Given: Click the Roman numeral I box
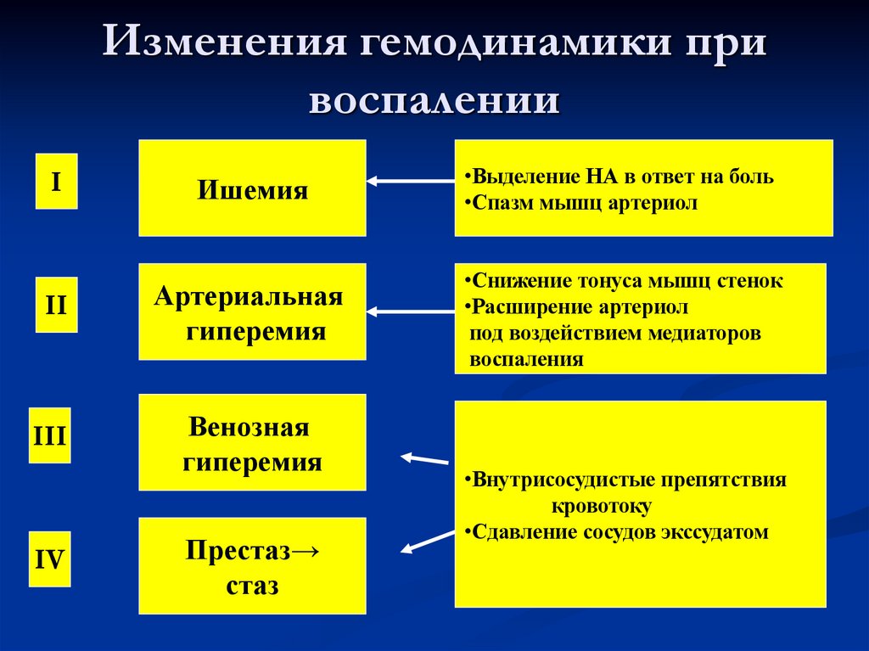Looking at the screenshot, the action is coord(56,181).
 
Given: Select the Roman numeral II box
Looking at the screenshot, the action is coord(56,304).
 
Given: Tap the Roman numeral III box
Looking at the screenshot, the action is coord(49,435).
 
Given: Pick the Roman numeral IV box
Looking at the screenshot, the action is coord(49,559).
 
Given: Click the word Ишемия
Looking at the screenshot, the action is coord(252,189).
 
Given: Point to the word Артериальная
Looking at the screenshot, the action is coord(249,297).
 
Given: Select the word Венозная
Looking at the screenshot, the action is coord(249,427).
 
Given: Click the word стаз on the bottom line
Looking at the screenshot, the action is coord(252,585).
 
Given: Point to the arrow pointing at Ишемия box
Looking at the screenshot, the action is coord(411,180).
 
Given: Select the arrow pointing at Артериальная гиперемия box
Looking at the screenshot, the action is coord(411,311).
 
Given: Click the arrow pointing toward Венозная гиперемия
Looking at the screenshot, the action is coord(424,459).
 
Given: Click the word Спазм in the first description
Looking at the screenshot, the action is coord(501,204).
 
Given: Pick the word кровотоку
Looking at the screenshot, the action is coord(601,506).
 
